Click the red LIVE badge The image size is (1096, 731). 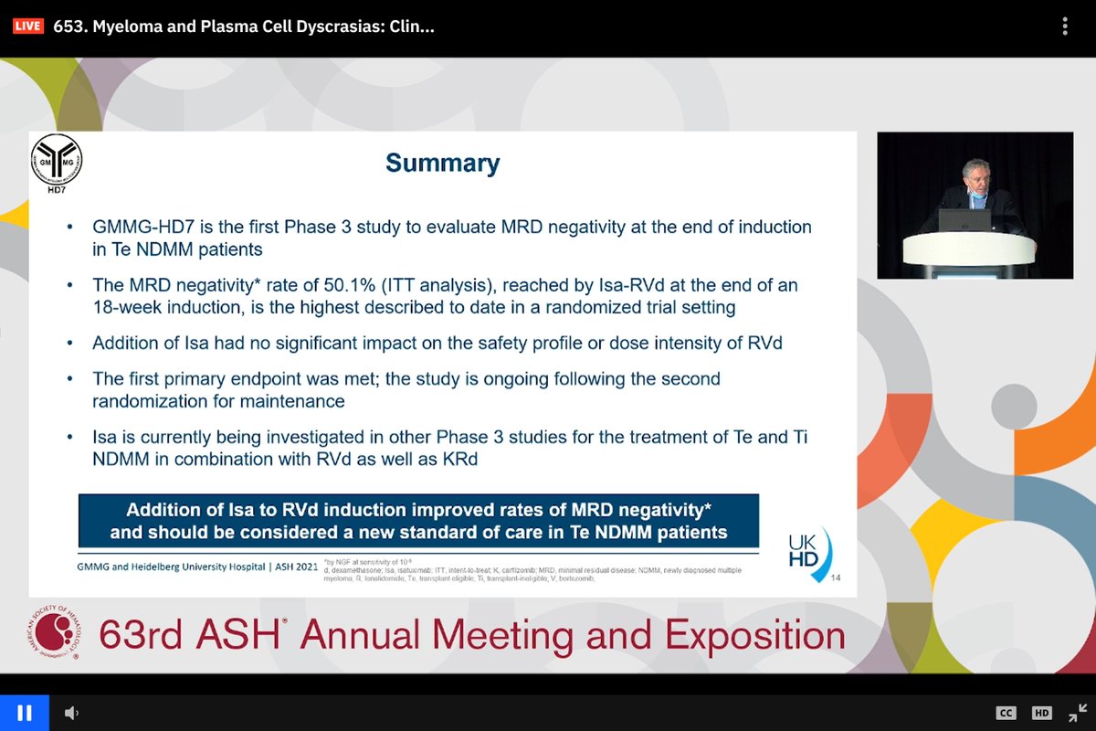[x=27, y=26]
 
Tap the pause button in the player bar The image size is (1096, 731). [x=25, y=713]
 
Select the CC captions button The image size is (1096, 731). [x=1006, y=713]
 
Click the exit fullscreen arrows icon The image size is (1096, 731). [x=1078, y=713]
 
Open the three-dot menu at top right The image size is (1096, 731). [x=1065, y=26]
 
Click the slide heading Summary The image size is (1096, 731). [x=442, y=164]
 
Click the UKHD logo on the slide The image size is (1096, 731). [x=809, y=551]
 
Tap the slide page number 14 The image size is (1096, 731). [x=836, y=577]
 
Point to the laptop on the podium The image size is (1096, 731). [x=964, y=219]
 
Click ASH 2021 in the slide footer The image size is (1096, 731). [x=294, y=567]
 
